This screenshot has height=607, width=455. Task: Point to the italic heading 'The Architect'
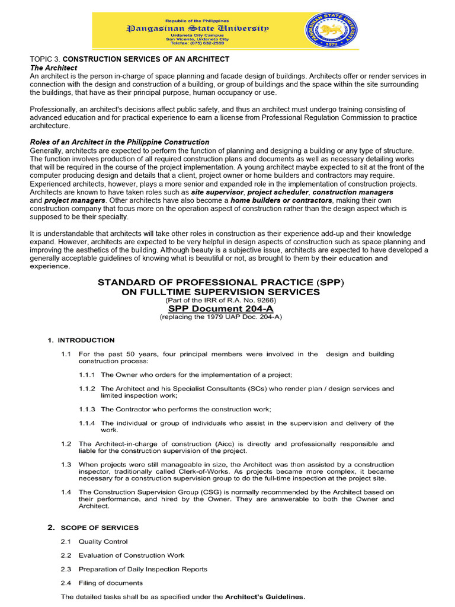pos(53,68)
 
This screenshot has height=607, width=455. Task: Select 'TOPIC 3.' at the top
pos(45,60)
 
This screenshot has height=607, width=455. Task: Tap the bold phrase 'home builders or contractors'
pos(281,201)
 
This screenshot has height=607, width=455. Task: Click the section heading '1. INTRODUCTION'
pos(81,340)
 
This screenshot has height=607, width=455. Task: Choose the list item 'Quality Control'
pos(103,542)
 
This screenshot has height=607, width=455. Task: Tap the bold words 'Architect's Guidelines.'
pos(265,597)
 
